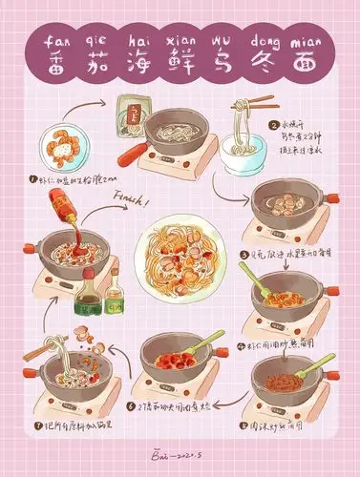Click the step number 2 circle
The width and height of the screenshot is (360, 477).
click(x=274, y=125)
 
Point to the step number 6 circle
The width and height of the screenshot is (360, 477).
click(x=129, y=404)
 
